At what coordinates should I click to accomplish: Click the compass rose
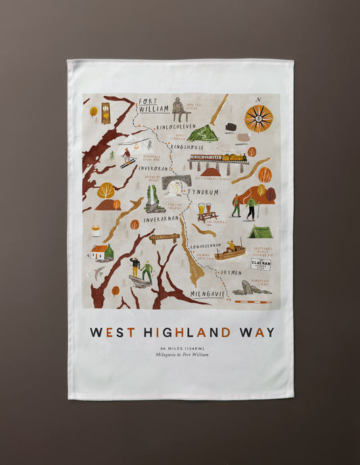click(x=258, y=119)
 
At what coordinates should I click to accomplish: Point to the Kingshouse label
click(x=186, y=146)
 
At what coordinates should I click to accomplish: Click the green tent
click(x=260, y=232)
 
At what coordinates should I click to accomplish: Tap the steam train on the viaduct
click(x=218, y=161)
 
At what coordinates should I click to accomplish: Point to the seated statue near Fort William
click(x=178, y=108)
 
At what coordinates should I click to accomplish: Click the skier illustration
click(x=126, y=158)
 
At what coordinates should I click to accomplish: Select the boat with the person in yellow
click(x=230, y=252)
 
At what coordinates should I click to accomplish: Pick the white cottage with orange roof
click(x=99, y=252)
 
